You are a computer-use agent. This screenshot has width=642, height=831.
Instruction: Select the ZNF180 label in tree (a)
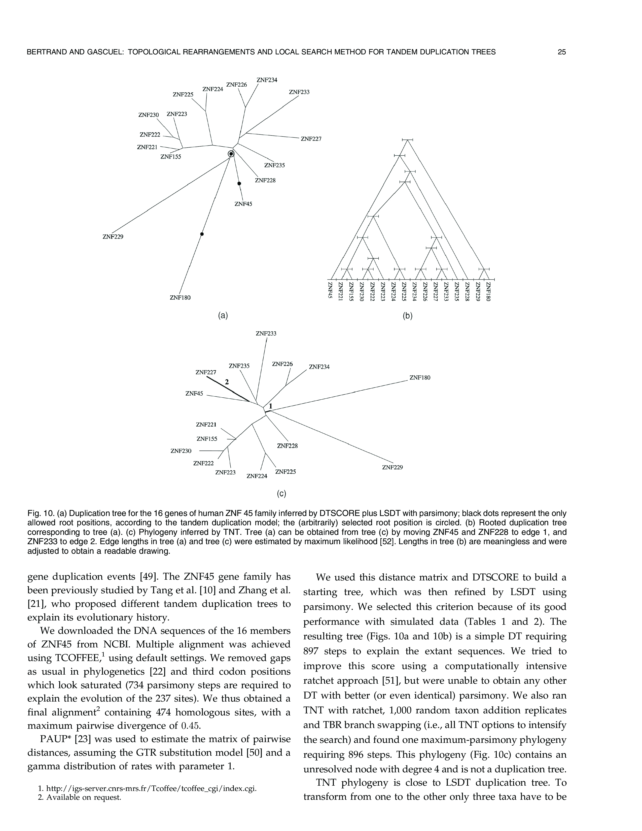click(180, 298)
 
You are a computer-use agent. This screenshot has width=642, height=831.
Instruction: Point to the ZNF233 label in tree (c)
click(266, 334)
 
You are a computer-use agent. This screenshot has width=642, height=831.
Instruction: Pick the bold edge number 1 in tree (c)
click(270, 406)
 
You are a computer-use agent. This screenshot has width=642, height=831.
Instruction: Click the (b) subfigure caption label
click(407, 316)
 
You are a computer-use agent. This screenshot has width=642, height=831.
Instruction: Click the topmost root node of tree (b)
click(407, 140)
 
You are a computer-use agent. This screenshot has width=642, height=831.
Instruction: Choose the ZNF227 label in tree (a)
click(311, 139)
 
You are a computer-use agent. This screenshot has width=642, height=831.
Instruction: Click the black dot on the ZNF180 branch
click(202, 234)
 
